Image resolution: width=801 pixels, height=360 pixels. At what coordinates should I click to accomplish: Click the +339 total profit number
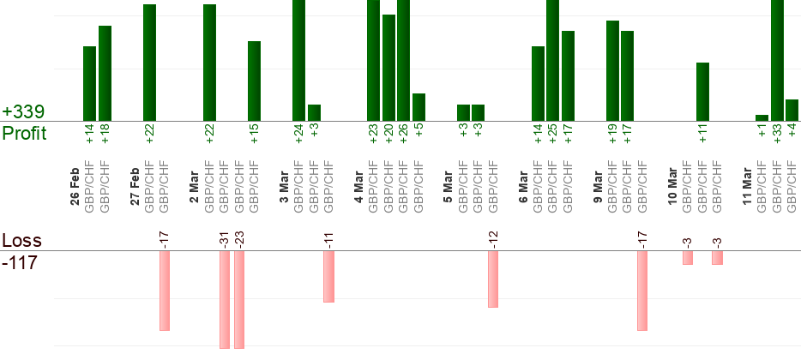pyautogui.click(x=23, y=112)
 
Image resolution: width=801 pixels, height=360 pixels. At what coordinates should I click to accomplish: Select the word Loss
pyautogui.click(x=21, y=241)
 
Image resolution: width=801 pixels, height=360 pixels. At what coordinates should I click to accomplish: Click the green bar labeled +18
pyautogui.click(x=105, y=74)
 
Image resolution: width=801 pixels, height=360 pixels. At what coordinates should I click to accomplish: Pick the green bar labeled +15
pyautogui.click(x=254, y=81)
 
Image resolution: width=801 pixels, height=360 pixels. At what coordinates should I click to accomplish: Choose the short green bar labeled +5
pyautogui.click(x=419, y=107)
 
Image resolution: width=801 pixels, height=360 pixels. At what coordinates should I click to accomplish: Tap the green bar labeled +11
pyautogui.click(x=702, y=92)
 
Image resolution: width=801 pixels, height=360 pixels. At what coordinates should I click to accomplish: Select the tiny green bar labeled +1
pyautogui.click(x=762, y=117)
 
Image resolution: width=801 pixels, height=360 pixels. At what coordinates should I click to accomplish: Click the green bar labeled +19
pyautogui.click(x=612, y=71)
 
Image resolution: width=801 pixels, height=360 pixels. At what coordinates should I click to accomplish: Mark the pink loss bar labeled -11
pyautogui.click(x=328, y=276)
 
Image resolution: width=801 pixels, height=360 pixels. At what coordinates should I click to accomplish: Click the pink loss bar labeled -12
pyautogui.click(x=493, y=279)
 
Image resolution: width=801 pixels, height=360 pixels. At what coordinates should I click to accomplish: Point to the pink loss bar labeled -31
pyautogui.click(x=224, y=299)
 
